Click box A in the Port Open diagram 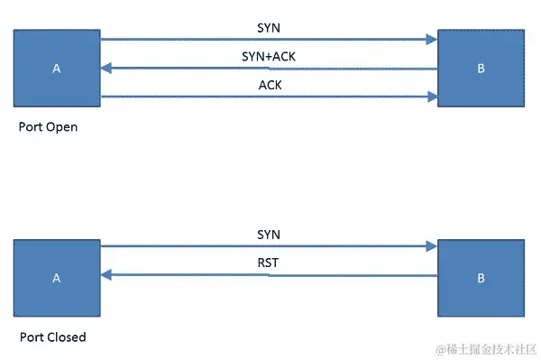tap(57, 68)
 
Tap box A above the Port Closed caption tap(57, 279)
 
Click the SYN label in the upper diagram tap(269, 27)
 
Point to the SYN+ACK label tap(269, 56)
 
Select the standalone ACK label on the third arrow tap(269, 84)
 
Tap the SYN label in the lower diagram tap(269, 234)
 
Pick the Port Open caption tap(48, 127)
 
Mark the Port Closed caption tap(52, 337)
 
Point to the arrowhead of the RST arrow tap(106, 275)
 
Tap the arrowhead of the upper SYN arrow tap(431, 40)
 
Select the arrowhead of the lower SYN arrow tap(431, 245)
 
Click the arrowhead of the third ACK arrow tap(431, 96)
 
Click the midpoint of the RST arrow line tap(269, 275)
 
